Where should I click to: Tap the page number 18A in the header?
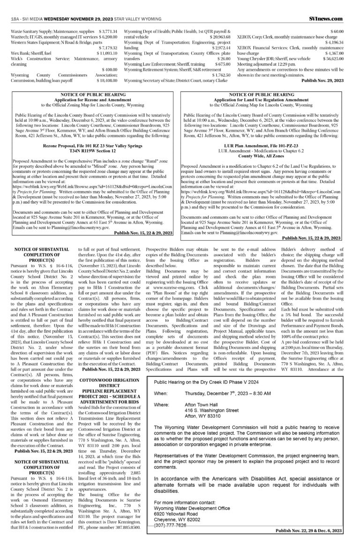[14, 18]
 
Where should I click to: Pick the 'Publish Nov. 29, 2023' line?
[323, 80]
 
